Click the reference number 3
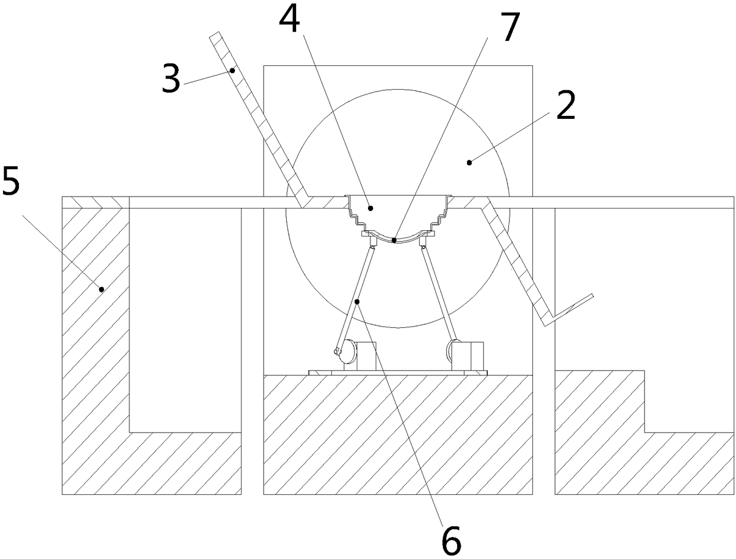click(x=170, y=81)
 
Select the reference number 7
click(x=509, y=29)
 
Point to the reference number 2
click(x=564, y=108)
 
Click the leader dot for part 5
click(x=101, y=289)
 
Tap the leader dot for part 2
click(x=469, y=162)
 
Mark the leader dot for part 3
click(x=233, y=71)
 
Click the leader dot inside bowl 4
click(x=370, y=208)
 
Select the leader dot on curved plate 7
click(x=394, y=240)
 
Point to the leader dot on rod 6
click(x=357, y=302)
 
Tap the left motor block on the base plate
click(x=367, y=356)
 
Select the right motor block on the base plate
click(x=472, y=356)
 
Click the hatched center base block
click(x=398, y=434)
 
